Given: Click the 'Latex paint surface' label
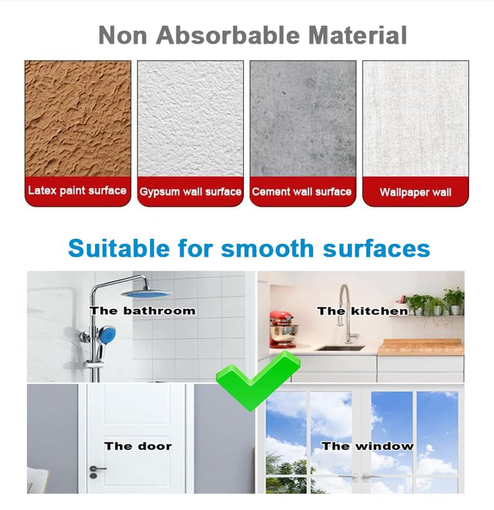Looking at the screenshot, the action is [x=77, y=190].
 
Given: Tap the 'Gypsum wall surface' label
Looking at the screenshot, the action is [x=190, y=192].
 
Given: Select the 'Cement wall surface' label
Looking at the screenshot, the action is [x=301, y=192].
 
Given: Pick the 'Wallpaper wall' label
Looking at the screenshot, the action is [x=416, y=192].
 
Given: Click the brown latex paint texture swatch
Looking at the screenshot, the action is [x=78, y=119].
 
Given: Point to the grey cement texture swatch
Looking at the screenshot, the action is [x=303, y=119].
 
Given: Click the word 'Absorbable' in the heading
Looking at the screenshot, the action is [x=228, y=35].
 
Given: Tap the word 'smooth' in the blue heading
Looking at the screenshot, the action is [x=268, y=248].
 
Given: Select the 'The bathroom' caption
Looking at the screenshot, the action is [x=143, y=311].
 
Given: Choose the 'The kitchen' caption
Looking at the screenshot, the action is [x=363, y=311].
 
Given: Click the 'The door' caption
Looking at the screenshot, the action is [x=138, y=446].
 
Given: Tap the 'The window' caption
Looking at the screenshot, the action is [x=368, y=446].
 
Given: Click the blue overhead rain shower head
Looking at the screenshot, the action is [x=146, y=294].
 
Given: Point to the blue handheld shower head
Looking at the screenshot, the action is [x=107, y=335].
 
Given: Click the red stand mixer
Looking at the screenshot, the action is [x=283, y=329].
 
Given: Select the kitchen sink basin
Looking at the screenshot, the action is [x=341, y=348].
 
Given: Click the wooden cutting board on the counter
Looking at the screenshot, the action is [x=421, y=347].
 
